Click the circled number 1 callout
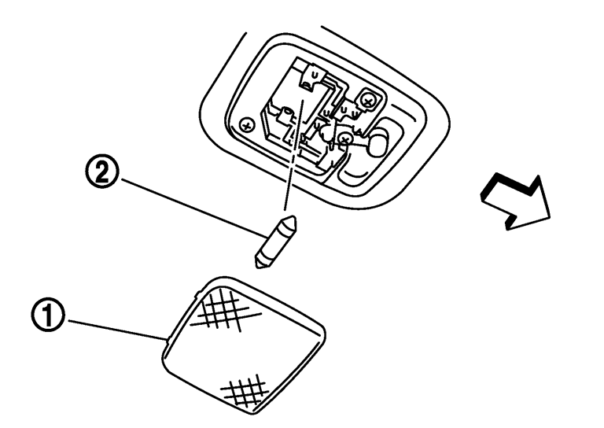click(x=48, y=316)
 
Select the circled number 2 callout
click(x=101, y=174)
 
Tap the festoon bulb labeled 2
click(x=275, y=242)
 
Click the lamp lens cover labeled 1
click(x=244, y=345)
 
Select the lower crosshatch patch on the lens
click(x=245, y=390)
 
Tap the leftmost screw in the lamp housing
click(x=246, y=125)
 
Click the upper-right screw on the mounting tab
click(x=367, y=101)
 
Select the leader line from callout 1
click(x=116, y=330)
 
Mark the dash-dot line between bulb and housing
click(x=293, y=155)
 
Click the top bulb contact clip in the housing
click(x=313, y=76)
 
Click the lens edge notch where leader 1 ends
click(x=168, y=339)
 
